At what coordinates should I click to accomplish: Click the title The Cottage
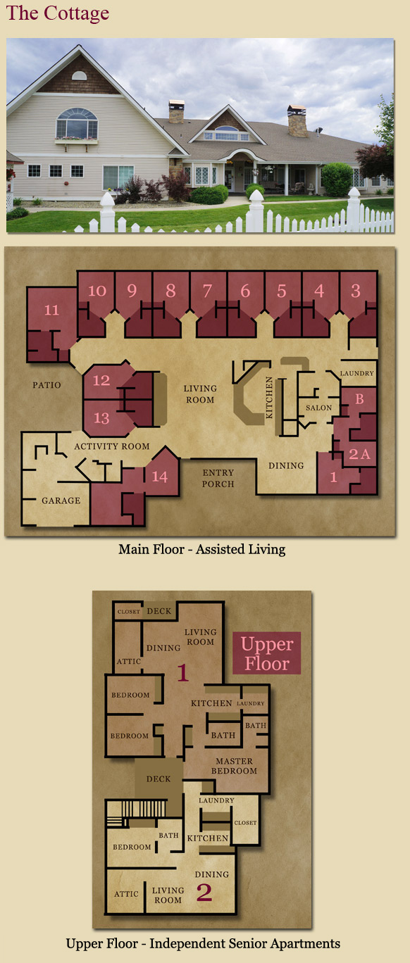click(x=58, y=13)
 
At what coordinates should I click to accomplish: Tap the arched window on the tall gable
click(x=77, y=123)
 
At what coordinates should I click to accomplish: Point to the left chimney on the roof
click(x=176, y=111)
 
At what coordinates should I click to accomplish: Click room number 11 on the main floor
click(x=51, y=310)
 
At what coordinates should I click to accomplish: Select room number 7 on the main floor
click(x=207, y=291)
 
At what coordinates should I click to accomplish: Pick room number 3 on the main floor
click(x=355, y=291)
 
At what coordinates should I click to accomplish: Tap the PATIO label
click(x=47, y=385)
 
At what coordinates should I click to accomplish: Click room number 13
click(x=101, y=418)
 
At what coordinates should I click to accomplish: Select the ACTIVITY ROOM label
click(x=112, y=446)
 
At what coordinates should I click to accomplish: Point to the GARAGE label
click(x=61, y=501)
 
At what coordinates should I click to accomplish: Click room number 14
click(x=160, y=477)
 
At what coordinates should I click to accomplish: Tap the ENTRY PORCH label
click(x=218, y=478)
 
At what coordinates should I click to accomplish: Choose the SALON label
click(x=319, y=408)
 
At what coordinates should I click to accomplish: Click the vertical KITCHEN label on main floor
click(x=269, y=398)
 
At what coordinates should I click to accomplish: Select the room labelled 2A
click(x=360, y=454)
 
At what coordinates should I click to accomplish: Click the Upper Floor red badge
click(x=267, y=653)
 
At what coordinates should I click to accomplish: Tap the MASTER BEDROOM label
click(x=234, y=766)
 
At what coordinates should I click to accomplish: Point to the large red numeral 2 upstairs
click(x=204, y=893)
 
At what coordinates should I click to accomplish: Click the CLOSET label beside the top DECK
click(x=129, y=611)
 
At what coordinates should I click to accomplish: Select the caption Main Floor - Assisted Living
click(x=201, y=549)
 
